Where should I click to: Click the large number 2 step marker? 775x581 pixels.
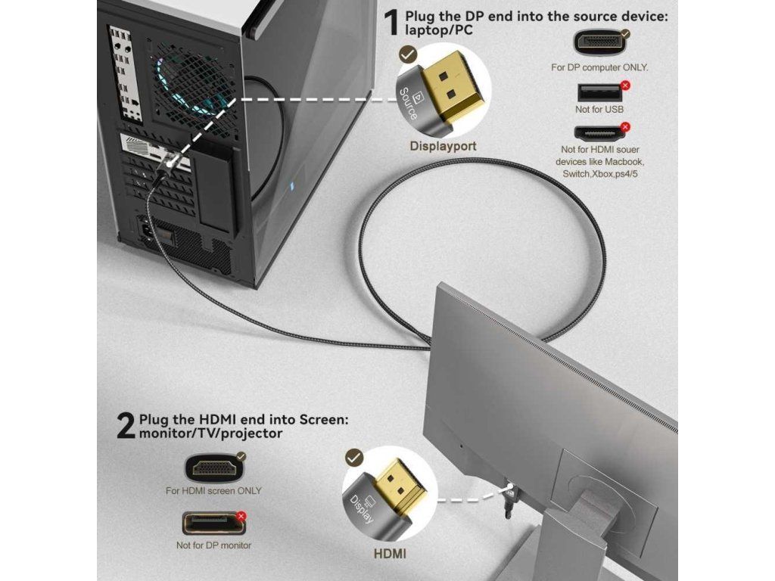click(125, 426)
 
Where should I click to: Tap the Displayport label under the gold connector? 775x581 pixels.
click(443, 146)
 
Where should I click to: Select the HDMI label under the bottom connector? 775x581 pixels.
click(390, 553)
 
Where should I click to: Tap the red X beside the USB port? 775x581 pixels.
click(625, 85)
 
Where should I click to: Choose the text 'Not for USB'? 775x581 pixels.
click(599, 110)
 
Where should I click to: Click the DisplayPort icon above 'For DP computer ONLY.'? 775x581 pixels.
click(599, 42)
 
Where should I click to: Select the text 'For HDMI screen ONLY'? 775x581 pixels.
click(213, 490)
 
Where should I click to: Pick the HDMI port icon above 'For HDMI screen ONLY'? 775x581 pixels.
click(214, 466)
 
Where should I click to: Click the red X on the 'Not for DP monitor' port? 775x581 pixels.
click(241, 516)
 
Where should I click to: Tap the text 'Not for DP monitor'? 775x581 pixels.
click(213, 545)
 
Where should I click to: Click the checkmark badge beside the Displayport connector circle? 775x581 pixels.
click(407, 54)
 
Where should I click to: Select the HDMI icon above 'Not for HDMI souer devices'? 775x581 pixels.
click(599, 133)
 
